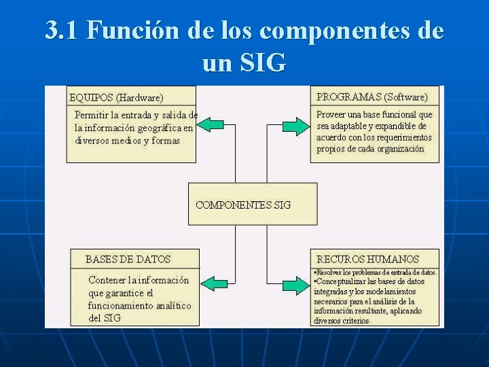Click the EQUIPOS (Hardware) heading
(x=116, y=97)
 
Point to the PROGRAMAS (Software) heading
(x=372, y=97)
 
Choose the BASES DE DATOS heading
(x=128, y=259)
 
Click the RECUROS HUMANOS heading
(x=367, y=259)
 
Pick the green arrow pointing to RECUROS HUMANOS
(x=294, y=283)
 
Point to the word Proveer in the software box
(x=331, y=115)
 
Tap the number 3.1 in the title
(x=62, y=31)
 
